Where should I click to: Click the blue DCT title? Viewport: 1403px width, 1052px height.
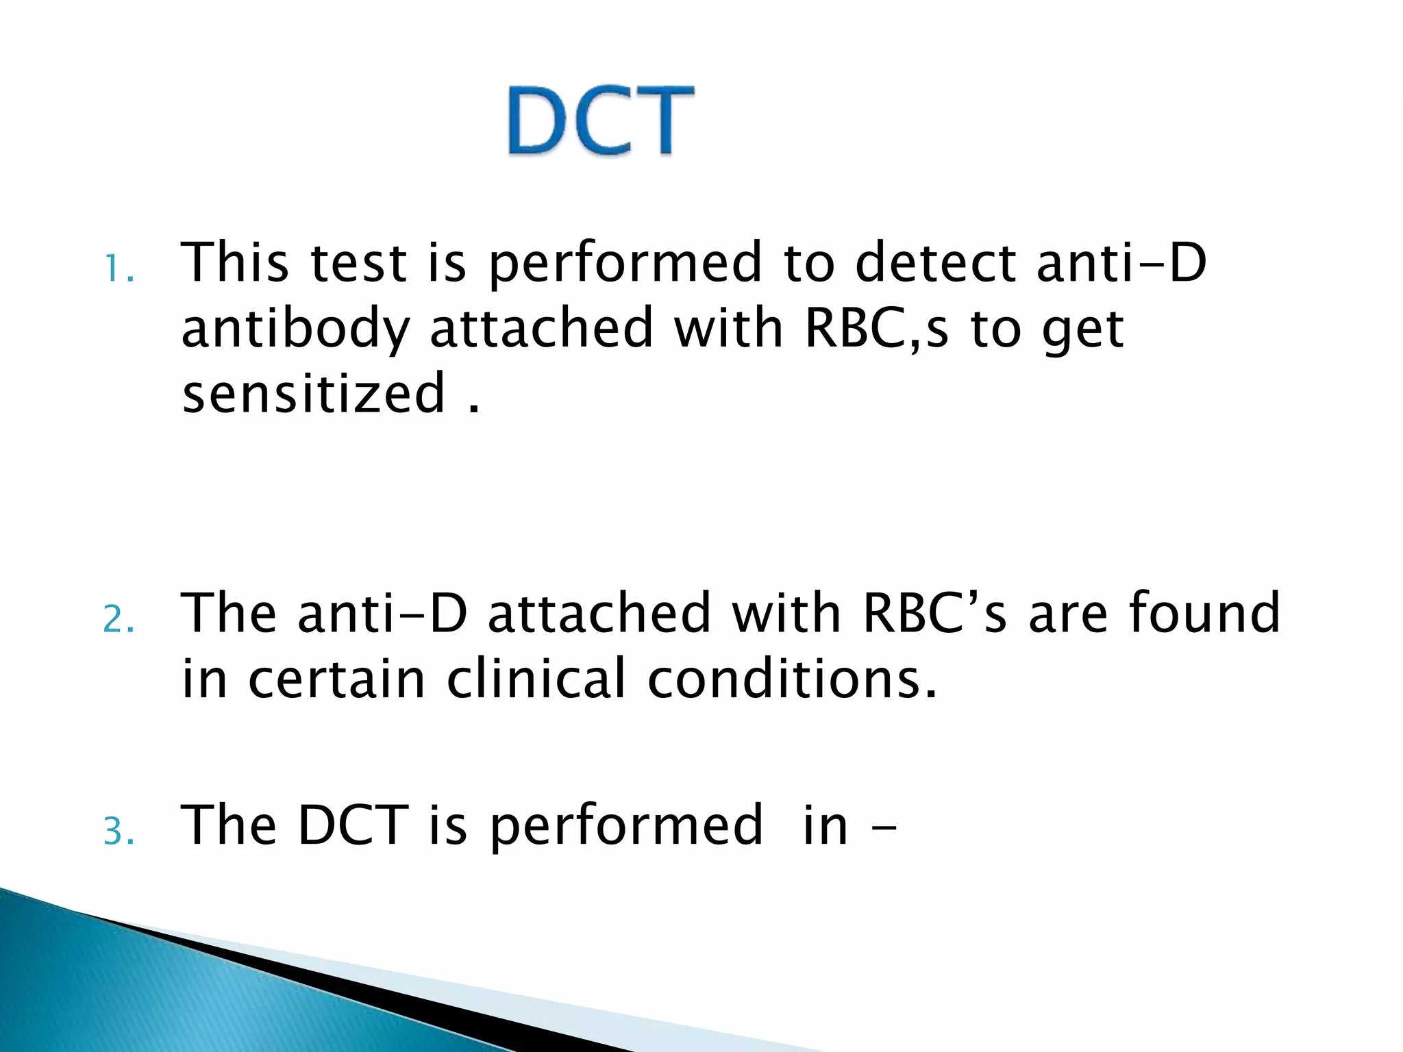pos(601,121)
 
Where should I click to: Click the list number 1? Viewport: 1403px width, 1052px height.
pos(118,269)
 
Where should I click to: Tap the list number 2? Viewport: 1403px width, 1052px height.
pos(118,620)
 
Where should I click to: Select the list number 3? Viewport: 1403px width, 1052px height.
pos(118,832)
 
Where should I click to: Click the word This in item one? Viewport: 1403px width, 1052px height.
pos(235,262)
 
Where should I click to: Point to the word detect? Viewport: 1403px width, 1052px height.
pos(936,262)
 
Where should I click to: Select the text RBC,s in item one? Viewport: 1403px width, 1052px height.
pos(876,329)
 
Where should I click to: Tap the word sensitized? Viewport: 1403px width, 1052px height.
pos(314,393)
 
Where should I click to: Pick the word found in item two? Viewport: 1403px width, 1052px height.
pos(1204,612)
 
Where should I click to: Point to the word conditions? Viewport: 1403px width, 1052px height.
pos(791,679)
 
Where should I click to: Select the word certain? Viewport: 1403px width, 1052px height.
pos(336,679)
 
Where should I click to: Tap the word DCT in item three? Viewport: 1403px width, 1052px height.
pos(353,825)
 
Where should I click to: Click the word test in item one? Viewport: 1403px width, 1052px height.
pos(359,264)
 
